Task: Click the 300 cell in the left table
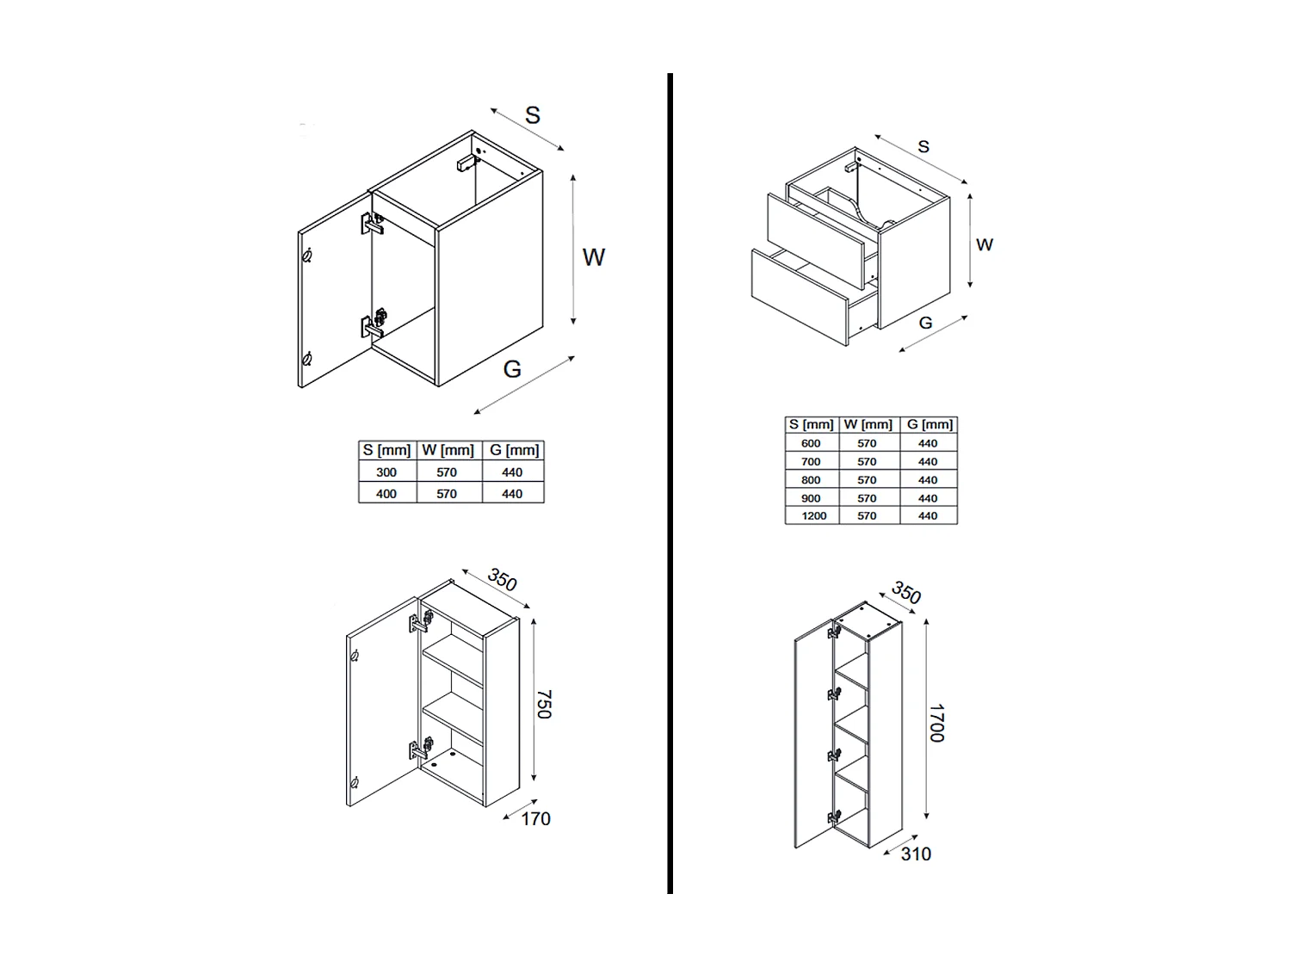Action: point(386,472)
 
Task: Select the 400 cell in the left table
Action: point(386,494)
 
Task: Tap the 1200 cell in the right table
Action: point(813,516)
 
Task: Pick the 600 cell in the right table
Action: point(811,443)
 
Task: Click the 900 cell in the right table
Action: point(811,498)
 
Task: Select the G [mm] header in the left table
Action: point(514,450)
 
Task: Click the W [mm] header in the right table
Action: point(868,424)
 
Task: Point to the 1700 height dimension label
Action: point(936,723)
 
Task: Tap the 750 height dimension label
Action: point(544,704)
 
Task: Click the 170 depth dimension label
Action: point(535,819)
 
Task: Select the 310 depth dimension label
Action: point(916,854)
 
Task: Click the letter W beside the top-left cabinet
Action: point(594,257)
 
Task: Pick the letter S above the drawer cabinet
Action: point(923,147)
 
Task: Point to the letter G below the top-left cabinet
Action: point(512,369)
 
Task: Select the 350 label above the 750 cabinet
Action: point(502,580)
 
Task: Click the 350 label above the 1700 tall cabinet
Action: point(906,593)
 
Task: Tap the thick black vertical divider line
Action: point(670,482)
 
